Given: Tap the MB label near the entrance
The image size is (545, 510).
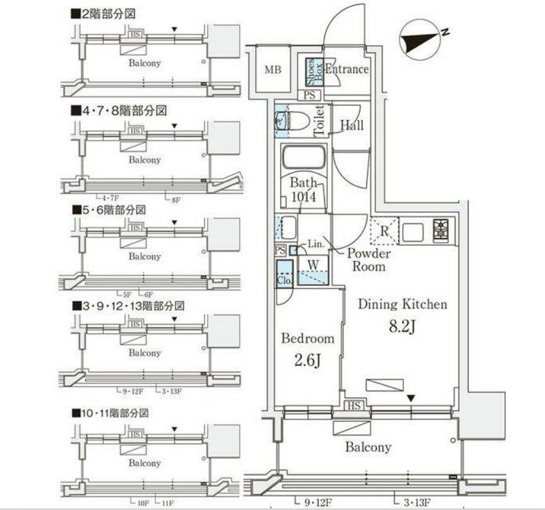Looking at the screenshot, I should (x=274, y=69).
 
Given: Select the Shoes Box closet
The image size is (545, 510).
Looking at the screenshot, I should (x=312, y=72).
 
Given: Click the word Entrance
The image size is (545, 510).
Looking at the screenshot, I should (x=347, y=69).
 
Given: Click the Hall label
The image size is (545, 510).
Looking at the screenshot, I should (x=352, y=125).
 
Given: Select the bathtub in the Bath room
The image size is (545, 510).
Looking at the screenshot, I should (x=304, y=158).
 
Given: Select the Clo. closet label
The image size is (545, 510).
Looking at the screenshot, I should (x=285, y=280).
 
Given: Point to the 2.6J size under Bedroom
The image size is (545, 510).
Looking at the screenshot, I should (x=308, y=360).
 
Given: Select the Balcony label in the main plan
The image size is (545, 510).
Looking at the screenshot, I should (x=368, y=447).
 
